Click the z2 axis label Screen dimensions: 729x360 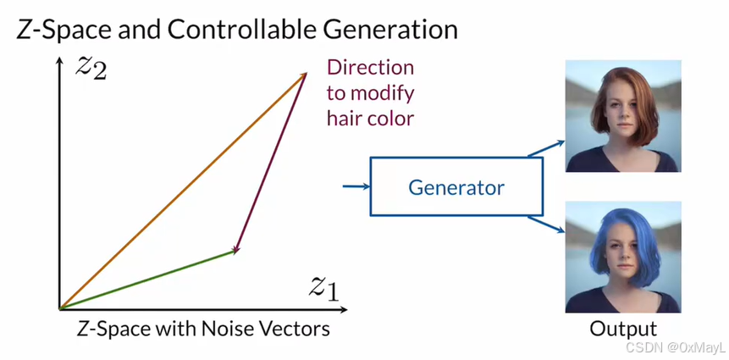pyautogui.click(x=90, y=67)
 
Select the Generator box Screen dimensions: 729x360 pyautogui.click(x=456, y=186)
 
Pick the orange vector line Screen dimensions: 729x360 pyautogui.click(x=182, y=191)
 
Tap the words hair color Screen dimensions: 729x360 pyautogui.click(x=370, y=118)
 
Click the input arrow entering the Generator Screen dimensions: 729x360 pyautogui.click(x=356, y=186)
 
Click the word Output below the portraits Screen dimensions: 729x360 pyautogui.click(x=623, y=330)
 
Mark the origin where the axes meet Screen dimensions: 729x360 pyautogui.click(x=59, y=308)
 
